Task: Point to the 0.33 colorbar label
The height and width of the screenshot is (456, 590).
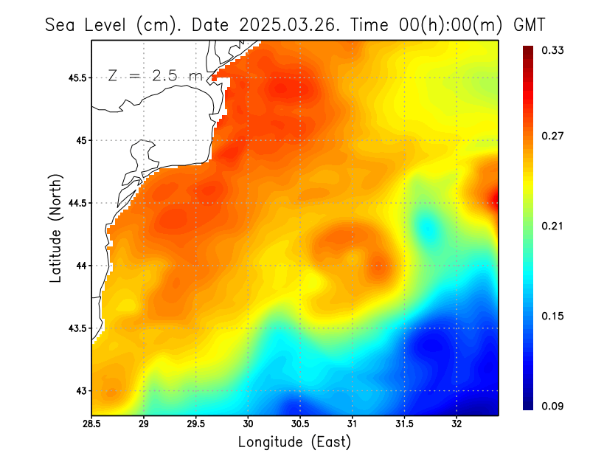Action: coord(553,50)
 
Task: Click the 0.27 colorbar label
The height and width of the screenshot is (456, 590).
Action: coord(553,136)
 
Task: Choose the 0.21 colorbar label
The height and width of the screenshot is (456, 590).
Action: coord(553,226)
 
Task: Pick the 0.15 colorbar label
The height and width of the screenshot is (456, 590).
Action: coord(553,316)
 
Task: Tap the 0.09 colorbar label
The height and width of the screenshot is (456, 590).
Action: coord(553,405)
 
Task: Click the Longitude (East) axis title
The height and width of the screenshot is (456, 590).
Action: coord(294,442)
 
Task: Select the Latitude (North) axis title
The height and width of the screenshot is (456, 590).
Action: coord(55,228)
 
